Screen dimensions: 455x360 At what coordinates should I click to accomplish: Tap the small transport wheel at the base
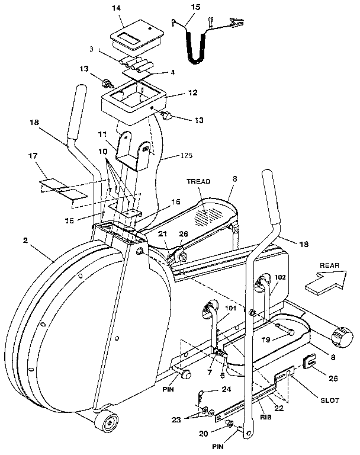pos(108,423)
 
